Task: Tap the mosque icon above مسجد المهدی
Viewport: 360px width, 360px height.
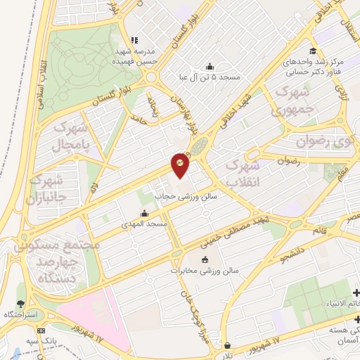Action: [145, 213]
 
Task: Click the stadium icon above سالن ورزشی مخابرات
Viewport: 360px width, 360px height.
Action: [204, 259]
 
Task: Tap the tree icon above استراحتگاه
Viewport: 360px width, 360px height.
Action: [21, 304]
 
